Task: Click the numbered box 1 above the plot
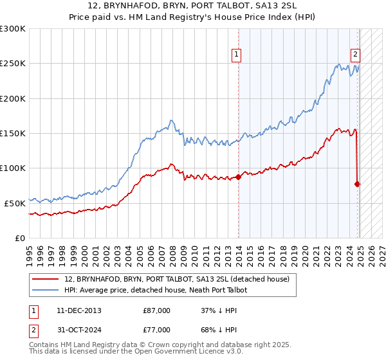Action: click(237, 55)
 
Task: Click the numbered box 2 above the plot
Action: click(355, 55)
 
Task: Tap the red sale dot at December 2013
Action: click(239, 177)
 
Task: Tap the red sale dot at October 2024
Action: click(357, 184)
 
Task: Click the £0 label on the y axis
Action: click(20, 238)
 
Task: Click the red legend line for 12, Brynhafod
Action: click(46, 280)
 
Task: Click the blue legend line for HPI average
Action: click(46, 291)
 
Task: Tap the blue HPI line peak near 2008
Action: click(170, 120)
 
